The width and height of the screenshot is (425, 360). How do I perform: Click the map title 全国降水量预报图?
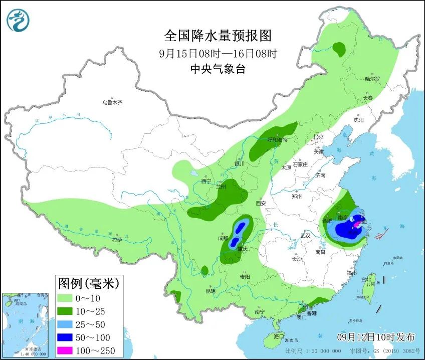point(218,36)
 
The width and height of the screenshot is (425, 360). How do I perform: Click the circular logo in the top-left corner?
point(18,20)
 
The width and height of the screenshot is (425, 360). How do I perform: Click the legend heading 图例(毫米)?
point(88,284)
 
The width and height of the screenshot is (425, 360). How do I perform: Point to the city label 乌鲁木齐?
point(112,102)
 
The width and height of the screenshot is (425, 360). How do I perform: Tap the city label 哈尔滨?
point(372,79)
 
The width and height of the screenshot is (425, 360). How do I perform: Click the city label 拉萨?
point(117,240)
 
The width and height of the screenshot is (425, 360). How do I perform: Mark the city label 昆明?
point(210,291)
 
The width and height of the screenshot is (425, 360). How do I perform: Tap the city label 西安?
point(261,203)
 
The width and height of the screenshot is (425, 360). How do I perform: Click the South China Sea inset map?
point(25,326)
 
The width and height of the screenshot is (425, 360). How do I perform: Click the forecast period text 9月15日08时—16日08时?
point(218,53)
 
